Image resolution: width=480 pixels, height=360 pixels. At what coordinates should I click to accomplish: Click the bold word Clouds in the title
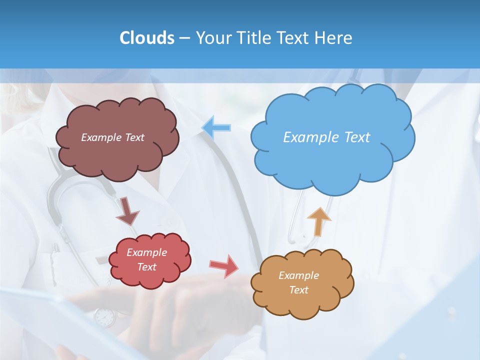coord(147,37)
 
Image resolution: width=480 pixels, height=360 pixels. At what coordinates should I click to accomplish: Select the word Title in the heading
coord(255,37)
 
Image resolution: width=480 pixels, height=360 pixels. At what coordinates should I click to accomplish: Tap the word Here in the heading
coord(334,37)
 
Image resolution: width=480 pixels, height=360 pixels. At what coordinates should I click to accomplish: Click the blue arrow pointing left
coord(216,127)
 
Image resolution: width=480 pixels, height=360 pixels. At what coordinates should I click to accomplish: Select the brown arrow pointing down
coord(127,211)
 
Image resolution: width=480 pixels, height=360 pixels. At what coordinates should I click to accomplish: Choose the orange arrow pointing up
coord(318,221)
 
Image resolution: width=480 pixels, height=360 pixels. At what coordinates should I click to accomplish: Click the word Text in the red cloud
coord(146,267)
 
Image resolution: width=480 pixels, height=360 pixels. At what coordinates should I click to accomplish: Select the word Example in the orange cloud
coord(298,275)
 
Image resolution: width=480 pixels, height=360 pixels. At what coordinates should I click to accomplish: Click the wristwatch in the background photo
coord(104,316)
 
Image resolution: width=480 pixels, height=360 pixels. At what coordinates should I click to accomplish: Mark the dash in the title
coord(184,37)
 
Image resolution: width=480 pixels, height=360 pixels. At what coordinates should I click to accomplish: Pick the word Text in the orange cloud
coord(298,290)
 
